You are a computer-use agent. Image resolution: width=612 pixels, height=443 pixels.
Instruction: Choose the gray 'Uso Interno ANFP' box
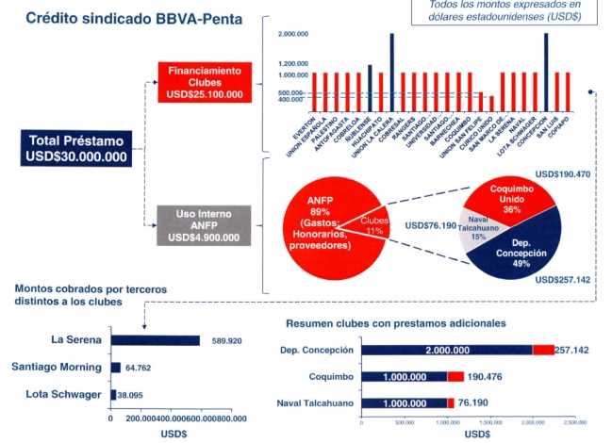tap(204, 225)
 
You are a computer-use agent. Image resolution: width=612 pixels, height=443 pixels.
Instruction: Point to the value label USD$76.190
tap(429, 225)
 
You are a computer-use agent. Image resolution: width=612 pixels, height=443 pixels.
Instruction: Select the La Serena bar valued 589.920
tap(155, 340)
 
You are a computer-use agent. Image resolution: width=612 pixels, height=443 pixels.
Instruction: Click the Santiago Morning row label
tap(57, 368)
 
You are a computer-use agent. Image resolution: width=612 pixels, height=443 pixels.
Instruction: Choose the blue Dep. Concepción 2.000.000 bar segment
tap(449, 349)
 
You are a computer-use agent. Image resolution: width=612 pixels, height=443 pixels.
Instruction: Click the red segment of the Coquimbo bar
tap(455, 376)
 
